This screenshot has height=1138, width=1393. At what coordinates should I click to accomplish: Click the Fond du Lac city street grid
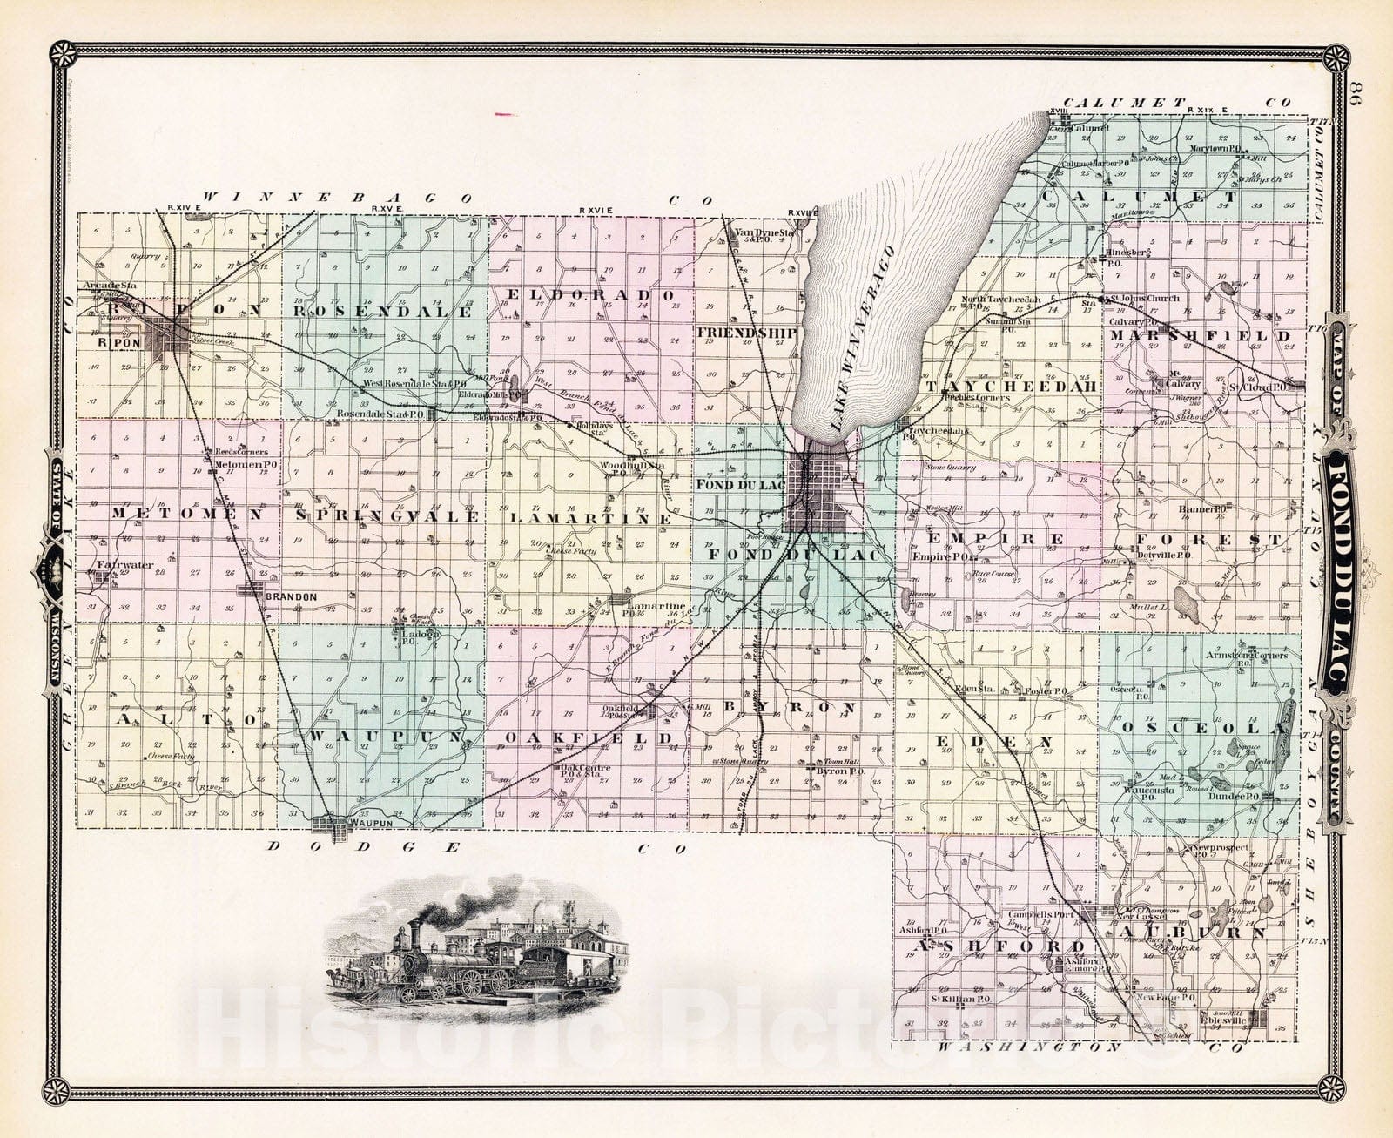(x=818, y=493)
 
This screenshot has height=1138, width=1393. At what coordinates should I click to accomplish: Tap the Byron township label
(x=801, y=706)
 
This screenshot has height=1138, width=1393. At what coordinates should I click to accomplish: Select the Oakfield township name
(x=590, y=738)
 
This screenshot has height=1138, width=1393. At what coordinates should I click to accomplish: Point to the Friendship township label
(x=747, y=332)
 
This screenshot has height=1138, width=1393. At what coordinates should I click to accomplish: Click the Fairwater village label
(x=125, y=565)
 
